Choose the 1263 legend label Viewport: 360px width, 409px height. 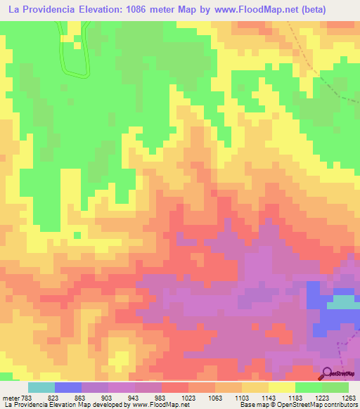click(349, 397)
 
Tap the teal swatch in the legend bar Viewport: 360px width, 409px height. click(41, 387)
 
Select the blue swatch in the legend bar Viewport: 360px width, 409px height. click(68, 387)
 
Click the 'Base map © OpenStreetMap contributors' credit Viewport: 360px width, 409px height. click(297, 405)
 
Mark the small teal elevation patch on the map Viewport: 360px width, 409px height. click(342, 303)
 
